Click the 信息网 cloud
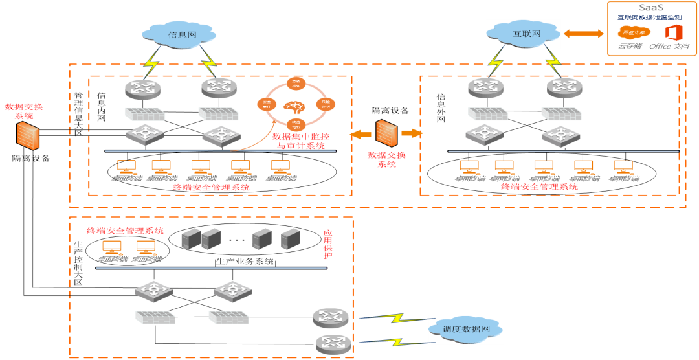click(x=179, y=34)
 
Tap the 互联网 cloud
click(x=523, y=34)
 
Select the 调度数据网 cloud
click(x=466, y=330)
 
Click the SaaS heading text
click(x=651, y=7)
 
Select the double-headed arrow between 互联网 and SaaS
click(x=583, y=34)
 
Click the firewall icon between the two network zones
click(x=386, y=133)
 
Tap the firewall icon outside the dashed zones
click(x=28, y=136)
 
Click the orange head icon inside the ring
click(x=294, y=105)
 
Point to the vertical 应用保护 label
click(x=327, y=244)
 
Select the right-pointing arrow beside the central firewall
click(x=411, y=133)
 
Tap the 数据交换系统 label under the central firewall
click(x=386, y=159)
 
